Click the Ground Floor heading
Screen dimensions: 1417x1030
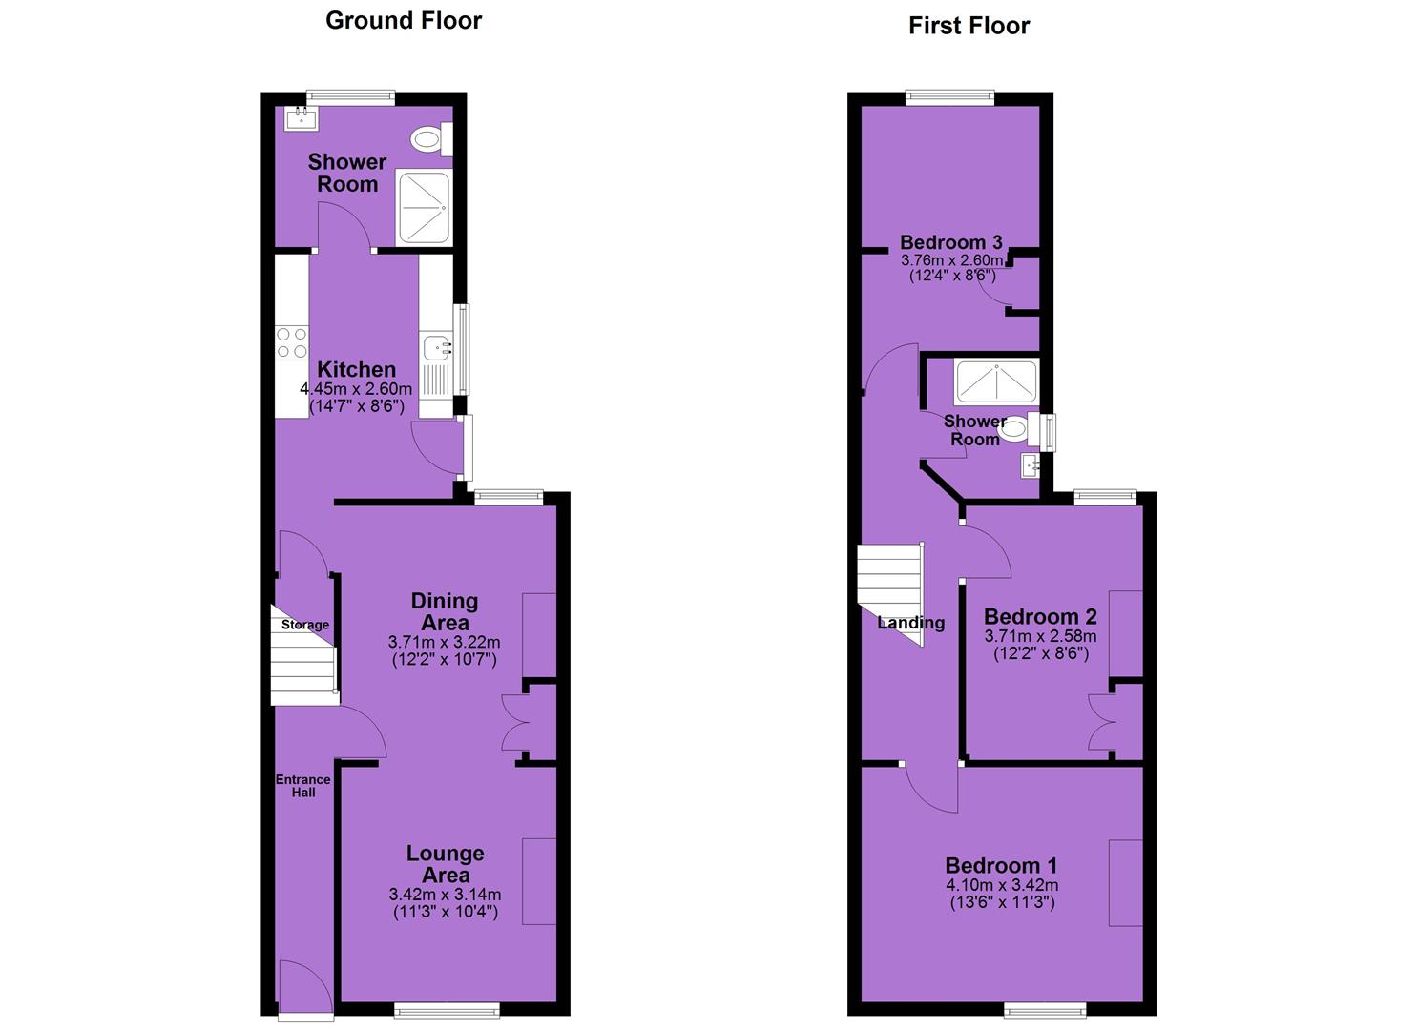click(x=404, y=21)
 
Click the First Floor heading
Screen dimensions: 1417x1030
click(x=969, y=26)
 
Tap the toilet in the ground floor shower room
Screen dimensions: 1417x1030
click(x=431, y=139)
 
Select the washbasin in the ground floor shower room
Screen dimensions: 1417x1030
click(x=302, y=118)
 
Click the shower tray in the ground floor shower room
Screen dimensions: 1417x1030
click(x=425, y=207)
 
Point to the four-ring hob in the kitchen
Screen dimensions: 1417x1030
click(x=292, y=342)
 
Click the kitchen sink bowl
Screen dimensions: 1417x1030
click(x=436, y=347)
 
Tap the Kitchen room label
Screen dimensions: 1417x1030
click(x=356, y=369)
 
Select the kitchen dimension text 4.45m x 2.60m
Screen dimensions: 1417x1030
click(x=356, y=389)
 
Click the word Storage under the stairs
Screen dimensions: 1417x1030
click(x=305, y=625)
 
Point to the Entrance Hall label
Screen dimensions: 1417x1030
click(x=303, y=785)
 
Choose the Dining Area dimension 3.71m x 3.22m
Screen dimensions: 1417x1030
click(x=444, y=643)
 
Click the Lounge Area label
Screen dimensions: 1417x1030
click(x=446, y=864)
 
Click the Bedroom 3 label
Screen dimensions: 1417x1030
click(x=951, y=242)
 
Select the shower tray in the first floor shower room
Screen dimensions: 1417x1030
click(x=996, y=381)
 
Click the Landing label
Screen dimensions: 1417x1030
click(x=911, y=623)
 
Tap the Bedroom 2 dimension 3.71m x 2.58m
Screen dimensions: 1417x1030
click(x=1041, y=636)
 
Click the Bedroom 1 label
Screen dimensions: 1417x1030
click(x=1001, y=866)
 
